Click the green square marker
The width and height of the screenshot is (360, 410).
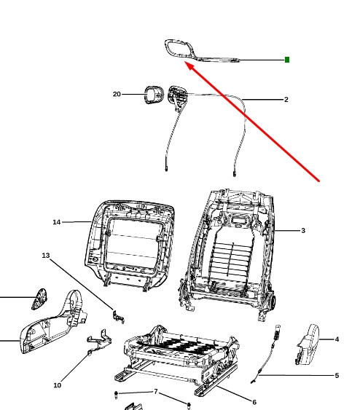[x=286, y=60]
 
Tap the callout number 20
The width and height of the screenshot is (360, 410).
[x=117, y=94]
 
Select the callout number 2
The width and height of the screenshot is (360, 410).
[x=286, y=99]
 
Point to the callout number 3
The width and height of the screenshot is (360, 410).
[x=303, y=230]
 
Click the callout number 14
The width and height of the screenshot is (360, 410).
[x=57, y=222]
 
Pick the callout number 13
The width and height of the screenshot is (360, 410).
[x=46, y=255]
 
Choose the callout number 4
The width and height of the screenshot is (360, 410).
[x=337, y=339]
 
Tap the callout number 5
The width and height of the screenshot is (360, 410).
[x=337, y=376]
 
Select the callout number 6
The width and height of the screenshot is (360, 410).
[x=254, y=402]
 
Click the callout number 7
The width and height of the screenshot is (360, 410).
[x=156, y=392]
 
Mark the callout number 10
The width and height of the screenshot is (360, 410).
[x=58, y=385]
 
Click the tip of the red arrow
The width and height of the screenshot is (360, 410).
[x=184, y=61]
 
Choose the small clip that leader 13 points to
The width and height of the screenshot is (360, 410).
[x=119, y=317]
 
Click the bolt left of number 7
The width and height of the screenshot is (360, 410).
[x=116, y=395]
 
